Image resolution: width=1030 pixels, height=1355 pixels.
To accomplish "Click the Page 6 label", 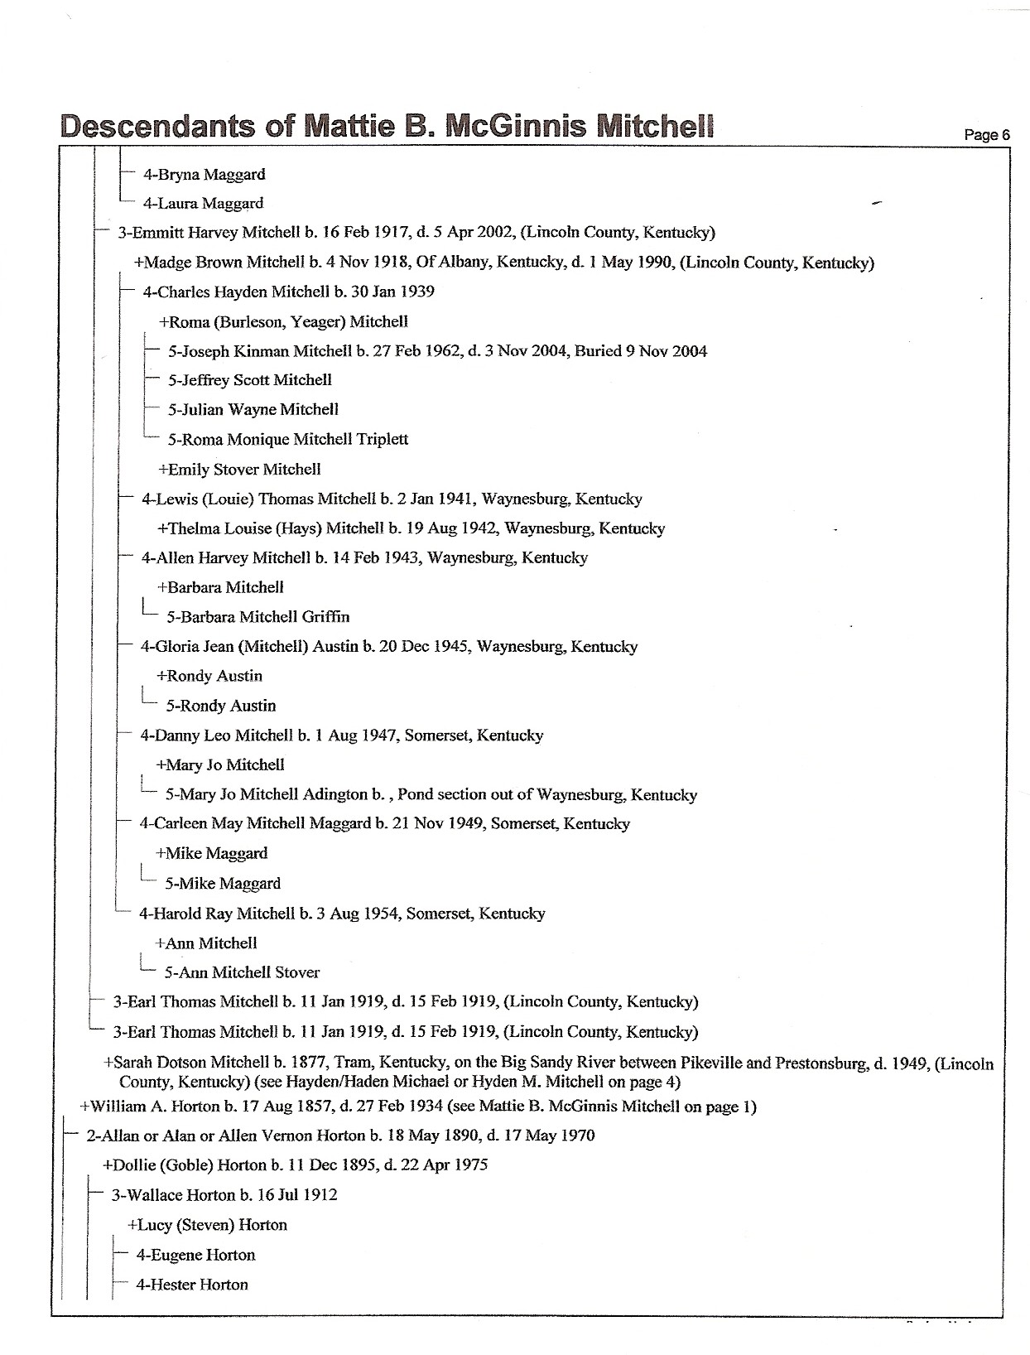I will coord(988,135).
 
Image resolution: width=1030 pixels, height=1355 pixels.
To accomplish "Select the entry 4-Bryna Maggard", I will coord(204,175).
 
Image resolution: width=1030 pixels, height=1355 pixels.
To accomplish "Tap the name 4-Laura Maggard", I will coord(203,204).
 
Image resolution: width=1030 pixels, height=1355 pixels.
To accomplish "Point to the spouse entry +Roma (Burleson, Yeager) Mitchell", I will coord(283,322).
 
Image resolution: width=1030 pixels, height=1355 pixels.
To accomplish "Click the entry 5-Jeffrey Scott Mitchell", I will coord(249,380).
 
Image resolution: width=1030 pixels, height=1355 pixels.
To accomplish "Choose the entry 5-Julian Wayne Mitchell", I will coord(253,409).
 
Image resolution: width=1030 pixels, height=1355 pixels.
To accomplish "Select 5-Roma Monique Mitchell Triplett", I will coord(287,440).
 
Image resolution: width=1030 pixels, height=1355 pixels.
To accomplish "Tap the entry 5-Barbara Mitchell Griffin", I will coord(257,617).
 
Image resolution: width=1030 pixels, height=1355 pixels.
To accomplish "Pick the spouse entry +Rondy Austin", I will coord(209,676).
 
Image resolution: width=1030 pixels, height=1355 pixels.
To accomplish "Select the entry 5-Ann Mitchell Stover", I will coord(242,972).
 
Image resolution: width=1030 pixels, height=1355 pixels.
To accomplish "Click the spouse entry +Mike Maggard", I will coord(211,854).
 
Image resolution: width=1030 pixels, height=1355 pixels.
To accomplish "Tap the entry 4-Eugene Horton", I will coord(195,1256).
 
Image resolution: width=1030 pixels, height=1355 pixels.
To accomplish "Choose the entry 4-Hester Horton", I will coord(192,1285).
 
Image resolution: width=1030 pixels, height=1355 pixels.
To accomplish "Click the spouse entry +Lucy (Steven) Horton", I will coord(207,1225).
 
